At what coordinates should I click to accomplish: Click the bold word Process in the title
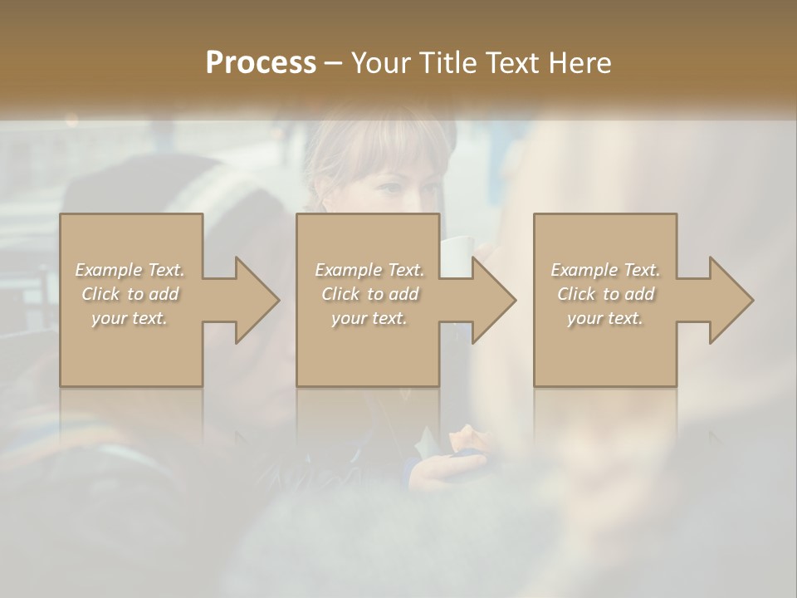(261, 62)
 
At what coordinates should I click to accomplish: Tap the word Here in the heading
(579, 62)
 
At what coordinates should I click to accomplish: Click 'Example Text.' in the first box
(130, 270)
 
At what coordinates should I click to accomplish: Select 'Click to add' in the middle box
(369, 294)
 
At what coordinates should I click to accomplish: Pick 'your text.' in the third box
(605, 318)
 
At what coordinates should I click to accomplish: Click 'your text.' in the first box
(130, 318)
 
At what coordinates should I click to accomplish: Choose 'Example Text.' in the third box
(605, 270)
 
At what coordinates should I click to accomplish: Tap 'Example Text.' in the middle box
(369, 270)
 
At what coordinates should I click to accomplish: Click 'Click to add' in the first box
(130, 294)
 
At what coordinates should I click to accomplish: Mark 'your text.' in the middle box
(369, 318)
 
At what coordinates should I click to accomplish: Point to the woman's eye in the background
(390, 187)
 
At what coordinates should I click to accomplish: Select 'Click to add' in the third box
(605, 294)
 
